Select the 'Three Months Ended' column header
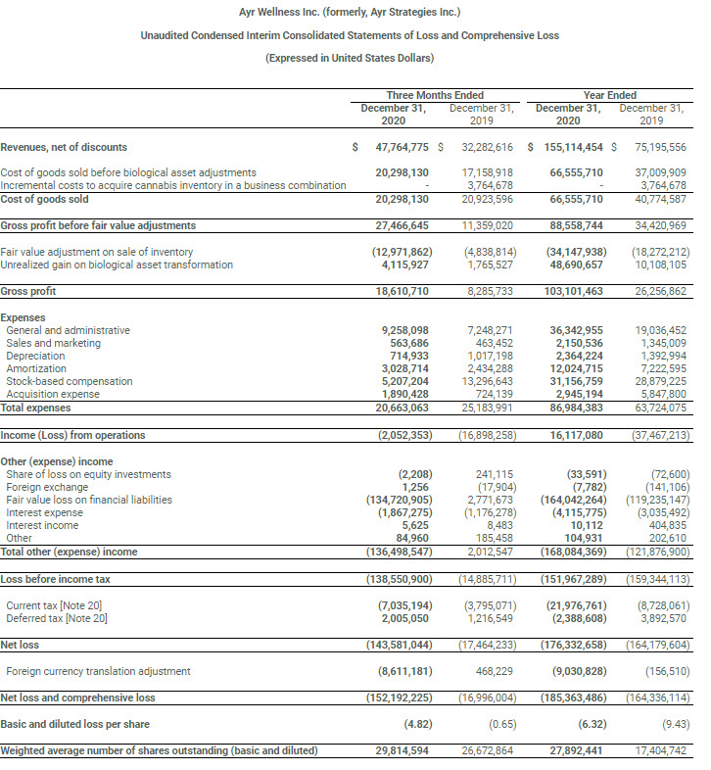tap(435, 95)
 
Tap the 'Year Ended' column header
tap(609, 95)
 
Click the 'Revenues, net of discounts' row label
tap(64, 147)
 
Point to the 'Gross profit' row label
tap(28, 291)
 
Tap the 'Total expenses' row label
tap(35, 407)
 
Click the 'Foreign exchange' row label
tap(45, 487)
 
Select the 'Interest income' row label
tap(42, 525)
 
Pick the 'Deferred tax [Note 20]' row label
tap(57, 618)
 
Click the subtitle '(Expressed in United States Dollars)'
tap(350, 58)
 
